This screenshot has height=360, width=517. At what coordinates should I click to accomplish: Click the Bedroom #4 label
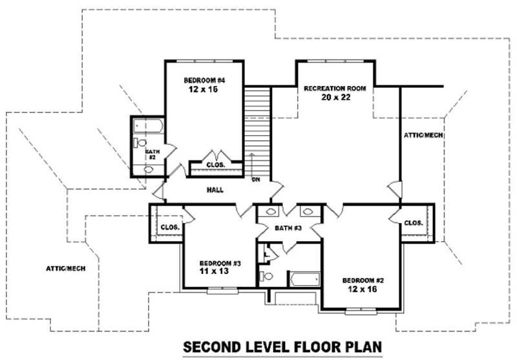pos(204,80)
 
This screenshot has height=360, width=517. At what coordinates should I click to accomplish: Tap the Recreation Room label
pos(335,89)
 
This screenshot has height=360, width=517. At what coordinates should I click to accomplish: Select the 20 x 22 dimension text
pos(335,97)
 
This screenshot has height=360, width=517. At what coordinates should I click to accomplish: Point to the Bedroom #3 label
pos(220,264)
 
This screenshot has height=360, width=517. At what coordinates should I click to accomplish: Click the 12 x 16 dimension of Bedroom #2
pos(362,289)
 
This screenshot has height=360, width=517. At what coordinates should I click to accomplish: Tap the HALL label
pos(215,190)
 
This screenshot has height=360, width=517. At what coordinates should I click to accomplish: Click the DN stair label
pos(256,180)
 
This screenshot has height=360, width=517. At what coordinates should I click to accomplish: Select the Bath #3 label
pos(288,228)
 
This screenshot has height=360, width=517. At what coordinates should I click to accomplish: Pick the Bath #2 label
pos(153,154)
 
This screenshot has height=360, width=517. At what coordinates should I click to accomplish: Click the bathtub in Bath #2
pos(149,126)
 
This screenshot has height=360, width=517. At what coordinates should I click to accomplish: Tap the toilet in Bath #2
pos(140,143)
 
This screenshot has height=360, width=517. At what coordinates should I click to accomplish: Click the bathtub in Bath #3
pos(305,280)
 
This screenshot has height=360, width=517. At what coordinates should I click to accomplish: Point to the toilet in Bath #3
pos(266,276)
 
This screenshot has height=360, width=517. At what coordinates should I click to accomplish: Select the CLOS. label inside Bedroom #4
pos(216,165)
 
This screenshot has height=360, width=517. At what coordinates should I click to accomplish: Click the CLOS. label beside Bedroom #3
pos(170,227)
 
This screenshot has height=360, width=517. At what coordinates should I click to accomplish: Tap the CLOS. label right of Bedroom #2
pos(414,223)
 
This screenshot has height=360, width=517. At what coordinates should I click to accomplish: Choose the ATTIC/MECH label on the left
pos(66,269)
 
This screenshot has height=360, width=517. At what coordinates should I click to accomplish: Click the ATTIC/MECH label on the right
pos(423,135)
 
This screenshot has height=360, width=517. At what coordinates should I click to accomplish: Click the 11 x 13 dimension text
pos(214,271)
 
